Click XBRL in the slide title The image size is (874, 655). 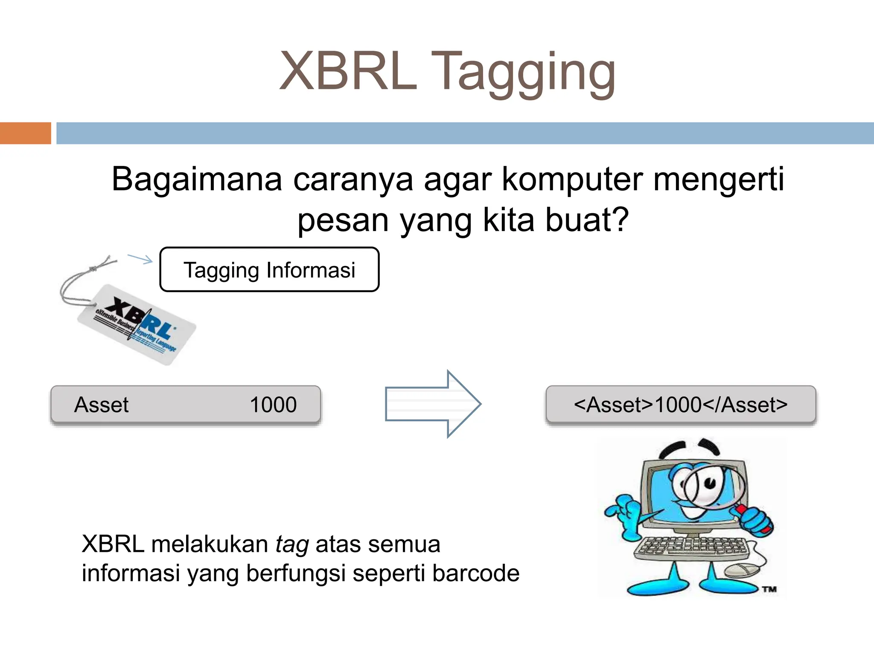pos(348,71)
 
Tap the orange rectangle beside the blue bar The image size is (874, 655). pos(25,133)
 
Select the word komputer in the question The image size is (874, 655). pos(572,180)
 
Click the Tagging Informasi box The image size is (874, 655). pos(269,270)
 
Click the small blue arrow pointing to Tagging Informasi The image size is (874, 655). pos(140,258)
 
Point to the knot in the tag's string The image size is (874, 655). pos(93,268)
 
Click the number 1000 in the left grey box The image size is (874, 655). pos(273,405)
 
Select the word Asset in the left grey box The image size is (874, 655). pos(101,405)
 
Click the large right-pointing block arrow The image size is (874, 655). pos(433,404)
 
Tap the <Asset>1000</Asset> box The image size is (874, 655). pos(681,405)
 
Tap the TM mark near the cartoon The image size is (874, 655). pos(769,589)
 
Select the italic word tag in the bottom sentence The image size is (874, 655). pos(292,545)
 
